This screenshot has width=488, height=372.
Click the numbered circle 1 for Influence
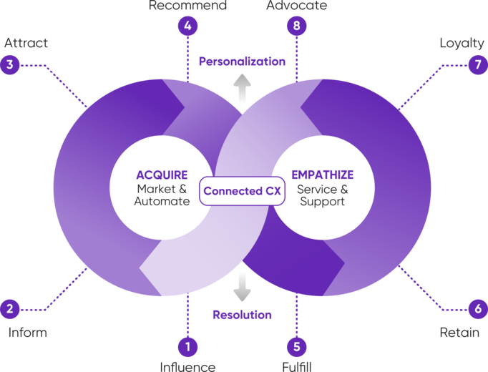pyautogui.click(x=187, y=346)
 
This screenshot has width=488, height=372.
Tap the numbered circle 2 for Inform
pyautogui.click(x=10, y=309)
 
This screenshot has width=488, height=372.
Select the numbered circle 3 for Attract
pyautogui.click(x=10, y=64)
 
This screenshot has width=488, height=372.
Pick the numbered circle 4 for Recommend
pyautogui.click(x=187, y=26)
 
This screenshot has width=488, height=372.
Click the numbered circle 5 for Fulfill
pyautogui.click(x=297, y=346)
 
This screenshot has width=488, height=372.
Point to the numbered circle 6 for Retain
pyautogui.click(x=478, y=309)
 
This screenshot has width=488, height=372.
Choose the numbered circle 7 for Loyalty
pyautogui.click(x=478, y=64)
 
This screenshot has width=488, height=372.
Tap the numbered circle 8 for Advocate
pyautogui.click(x=297, y=26)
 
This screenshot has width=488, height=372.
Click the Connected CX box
pyautogui.click(x=242, y=191)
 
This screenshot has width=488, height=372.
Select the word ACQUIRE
pyautogui.click(x=162, y=175)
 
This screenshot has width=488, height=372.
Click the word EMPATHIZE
pyautogui.click(x=323, y=175)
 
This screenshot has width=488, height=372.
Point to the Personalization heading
pyautogui.click(x=242, y=62)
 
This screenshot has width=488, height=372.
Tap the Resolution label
pyautogui.click(x=242, y=315)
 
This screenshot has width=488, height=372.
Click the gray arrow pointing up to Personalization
pyautogui.click(x=242, y=89)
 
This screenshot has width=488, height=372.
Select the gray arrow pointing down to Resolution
pyautogui.click(x=242, y=287)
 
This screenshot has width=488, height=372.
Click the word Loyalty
pyautogui.click(x=462, y=44)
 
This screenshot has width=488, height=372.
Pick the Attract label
pyautogui.click(x=26, y=43)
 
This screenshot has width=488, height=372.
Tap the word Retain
pyautogui.click(x=459, y=333)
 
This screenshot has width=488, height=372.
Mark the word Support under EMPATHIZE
pyautogui.click(x=323, y=202)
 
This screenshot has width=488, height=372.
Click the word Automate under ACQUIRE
pyautogui.click(x=162, y=201)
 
